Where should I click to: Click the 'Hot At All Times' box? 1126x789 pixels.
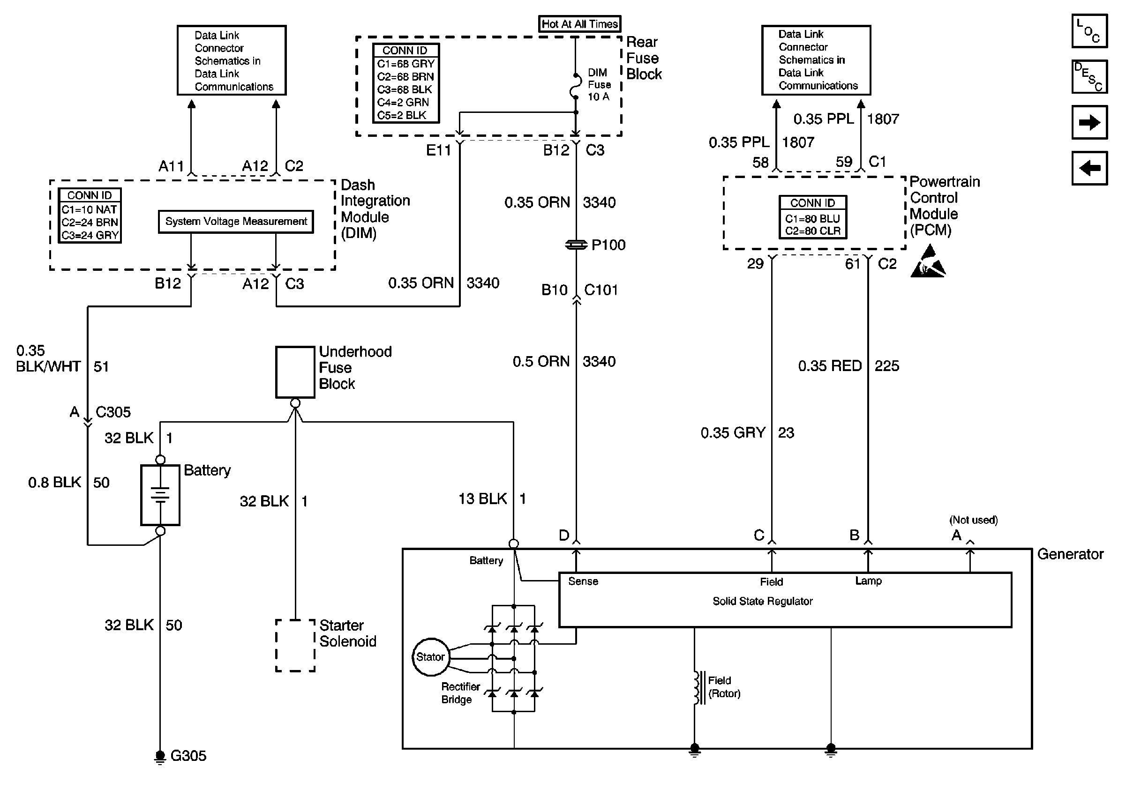pos(580,23)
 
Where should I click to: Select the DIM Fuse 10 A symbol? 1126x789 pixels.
pos(576,87)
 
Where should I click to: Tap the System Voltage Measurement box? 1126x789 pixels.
pos(236,222)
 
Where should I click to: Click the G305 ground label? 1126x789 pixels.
pos(188,756)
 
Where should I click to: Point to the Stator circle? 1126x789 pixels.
pos(430,657)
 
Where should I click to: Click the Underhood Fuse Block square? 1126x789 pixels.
pos(295,372)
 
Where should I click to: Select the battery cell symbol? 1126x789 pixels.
pos(160,495)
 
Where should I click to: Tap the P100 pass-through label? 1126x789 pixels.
pos(608,245)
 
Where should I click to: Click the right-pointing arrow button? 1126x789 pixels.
pos(1089,122)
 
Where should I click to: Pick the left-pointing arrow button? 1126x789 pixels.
pos(1089,168)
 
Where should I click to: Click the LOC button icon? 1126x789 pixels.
pos(1089,31)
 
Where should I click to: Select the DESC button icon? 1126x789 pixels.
pos(1089,76)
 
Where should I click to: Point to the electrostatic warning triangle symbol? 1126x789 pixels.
pos(928,263)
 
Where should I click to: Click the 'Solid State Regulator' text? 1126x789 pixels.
pos(763,601)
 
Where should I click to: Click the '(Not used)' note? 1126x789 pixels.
pos(974,520)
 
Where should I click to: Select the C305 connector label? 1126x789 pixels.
pos(113,412)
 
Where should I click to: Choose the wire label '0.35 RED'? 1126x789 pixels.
pos(830,366)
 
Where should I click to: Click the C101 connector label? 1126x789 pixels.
pos(601,290)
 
